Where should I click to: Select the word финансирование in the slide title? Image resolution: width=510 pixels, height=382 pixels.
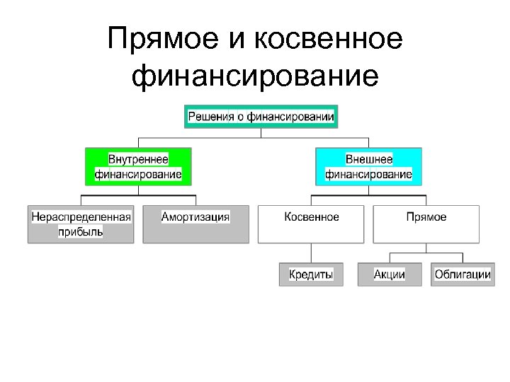pos(255,76)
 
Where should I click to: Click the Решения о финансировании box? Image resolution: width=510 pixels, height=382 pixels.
pos(261,116)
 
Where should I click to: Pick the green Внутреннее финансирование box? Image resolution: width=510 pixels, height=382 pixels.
pos(138,166)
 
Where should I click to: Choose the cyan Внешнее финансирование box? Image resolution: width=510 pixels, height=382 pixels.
pos(368,166)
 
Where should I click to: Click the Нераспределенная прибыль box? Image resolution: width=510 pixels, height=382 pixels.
pos(81,224)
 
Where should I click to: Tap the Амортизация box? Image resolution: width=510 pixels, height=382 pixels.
pos(195,224)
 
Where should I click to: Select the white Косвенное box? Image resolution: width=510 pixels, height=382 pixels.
pos(311,224)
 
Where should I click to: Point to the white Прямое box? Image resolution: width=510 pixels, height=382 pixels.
pos(426,224)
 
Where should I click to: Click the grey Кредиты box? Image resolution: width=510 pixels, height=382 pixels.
pos(311,274)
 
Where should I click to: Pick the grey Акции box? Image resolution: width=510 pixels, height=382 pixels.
pos(390,274)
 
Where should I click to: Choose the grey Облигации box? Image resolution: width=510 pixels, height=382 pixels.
pos(463,274)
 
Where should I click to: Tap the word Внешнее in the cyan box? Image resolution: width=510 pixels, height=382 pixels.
pos(369,159)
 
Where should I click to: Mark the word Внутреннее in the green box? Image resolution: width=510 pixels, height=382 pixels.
pos(138,159)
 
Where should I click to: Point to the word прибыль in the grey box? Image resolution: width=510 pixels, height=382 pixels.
pos(80,231)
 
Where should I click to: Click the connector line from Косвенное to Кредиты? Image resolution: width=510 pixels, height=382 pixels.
pos(311,253)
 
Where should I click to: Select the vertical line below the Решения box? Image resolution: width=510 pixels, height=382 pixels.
pos(261,132)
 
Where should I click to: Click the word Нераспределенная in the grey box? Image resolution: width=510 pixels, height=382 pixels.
pos(81,217)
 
